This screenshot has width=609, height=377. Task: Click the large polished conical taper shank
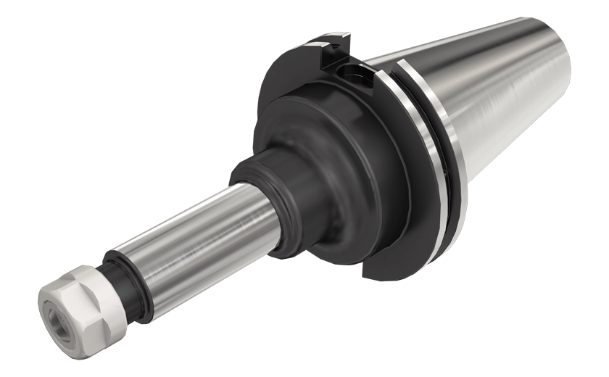[x=500, y=101]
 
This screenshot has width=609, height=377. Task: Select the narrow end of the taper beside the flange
[x=384, y=62]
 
